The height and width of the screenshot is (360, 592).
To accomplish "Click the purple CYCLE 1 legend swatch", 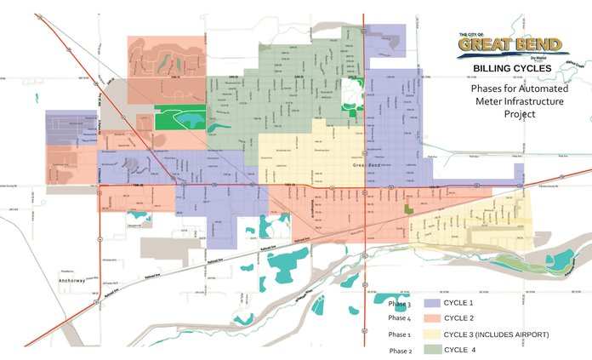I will [437, 304].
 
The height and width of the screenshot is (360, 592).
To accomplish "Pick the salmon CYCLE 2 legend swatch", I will [437, 318].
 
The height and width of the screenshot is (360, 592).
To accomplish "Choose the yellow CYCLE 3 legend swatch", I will [437, 334].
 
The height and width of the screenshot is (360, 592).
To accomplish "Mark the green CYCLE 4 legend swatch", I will [437, 349].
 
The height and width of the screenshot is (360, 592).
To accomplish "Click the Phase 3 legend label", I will [399, 304].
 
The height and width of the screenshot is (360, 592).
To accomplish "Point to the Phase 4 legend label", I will [399, 319].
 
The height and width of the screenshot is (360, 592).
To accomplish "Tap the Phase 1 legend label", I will [399, 334].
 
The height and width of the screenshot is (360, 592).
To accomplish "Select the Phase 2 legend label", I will [400, 350].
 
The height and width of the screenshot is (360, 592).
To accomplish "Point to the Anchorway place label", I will [73, 279].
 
